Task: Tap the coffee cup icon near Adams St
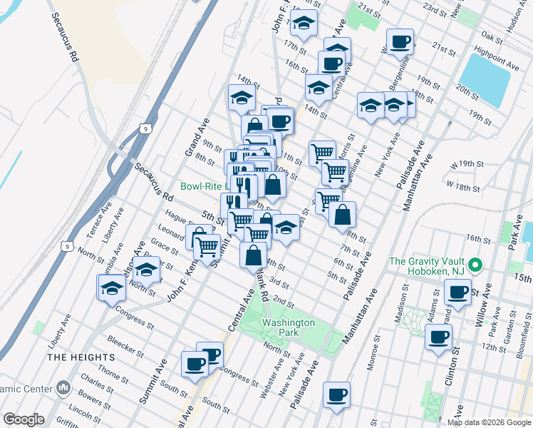(x=457, y=291)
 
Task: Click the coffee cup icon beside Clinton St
(x=438, y=336)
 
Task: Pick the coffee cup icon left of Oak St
(x=399, y=41)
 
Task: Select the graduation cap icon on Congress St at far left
(x=111, y=288)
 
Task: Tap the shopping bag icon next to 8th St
(x=342, y=213)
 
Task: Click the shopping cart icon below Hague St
(x=207, y=247)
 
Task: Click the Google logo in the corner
(x=24, y=419)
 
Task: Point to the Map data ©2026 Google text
(x=488, y=422)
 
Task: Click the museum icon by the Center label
(x=63, y=388)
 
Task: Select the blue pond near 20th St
(x=485, y=79)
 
